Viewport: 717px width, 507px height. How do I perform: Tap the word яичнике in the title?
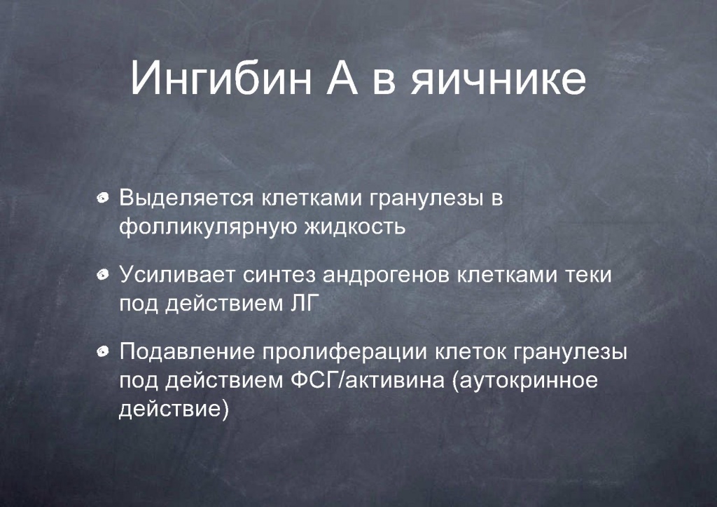pyautogui.click(x=498, y=78)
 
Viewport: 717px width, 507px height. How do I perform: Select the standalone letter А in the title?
pyautogui.click(x=342, y=78)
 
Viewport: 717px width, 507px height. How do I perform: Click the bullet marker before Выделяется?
pyautogui.click(x=103, y=198)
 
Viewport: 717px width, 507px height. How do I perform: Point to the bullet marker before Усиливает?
pyautogui.click(x=103, y=275)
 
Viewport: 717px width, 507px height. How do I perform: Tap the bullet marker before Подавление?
pyautogui.click(x=103, y=352)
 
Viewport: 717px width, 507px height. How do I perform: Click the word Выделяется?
pyautogui.click(x=186, y=198)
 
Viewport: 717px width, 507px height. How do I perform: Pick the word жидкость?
pyautogui.click(x=355, y=227)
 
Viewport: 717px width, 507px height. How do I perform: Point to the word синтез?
pyautogui.click(x=279, y=276)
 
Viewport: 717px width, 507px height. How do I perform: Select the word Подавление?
pyautogui.click(x=187, y=352)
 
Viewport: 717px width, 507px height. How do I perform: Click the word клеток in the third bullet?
pyautogui.click(x=471, y=352)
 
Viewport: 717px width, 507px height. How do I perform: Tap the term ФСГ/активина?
pyautogui.click(x=368, y=381)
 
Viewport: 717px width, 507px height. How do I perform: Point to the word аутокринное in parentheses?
pyautogui.click(x=525, y=381)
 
